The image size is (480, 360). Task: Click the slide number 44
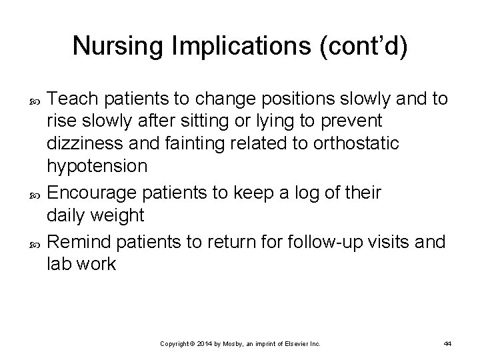tap(447, 343)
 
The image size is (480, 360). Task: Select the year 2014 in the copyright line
tap(207, 343)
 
